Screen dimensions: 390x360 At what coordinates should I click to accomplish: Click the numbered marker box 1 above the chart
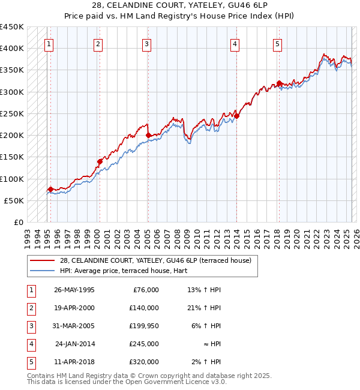[x=48, y=43]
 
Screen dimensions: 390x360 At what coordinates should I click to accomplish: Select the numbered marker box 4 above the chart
[x=235, y=43]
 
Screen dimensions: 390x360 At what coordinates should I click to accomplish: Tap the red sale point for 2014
[x=236, y=116]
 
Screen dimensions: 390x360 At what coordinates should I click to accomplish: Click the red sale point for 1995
[x=50, y=190]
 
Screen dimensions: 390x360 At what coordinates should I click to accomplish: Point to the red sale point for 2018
[x=279, y=83]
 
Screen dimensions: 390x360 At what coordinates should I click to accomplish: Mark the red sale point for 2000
[x=100, y=161]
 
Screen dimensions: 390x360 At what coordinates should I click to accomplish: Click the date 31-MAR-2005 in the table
[x=74, y=326]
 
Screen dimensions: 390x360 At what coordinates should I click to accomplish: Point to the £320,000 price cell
[x=143, y=362]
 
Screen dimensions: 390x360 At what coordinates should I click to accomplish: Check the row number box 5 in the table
[x=31, y=362]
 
